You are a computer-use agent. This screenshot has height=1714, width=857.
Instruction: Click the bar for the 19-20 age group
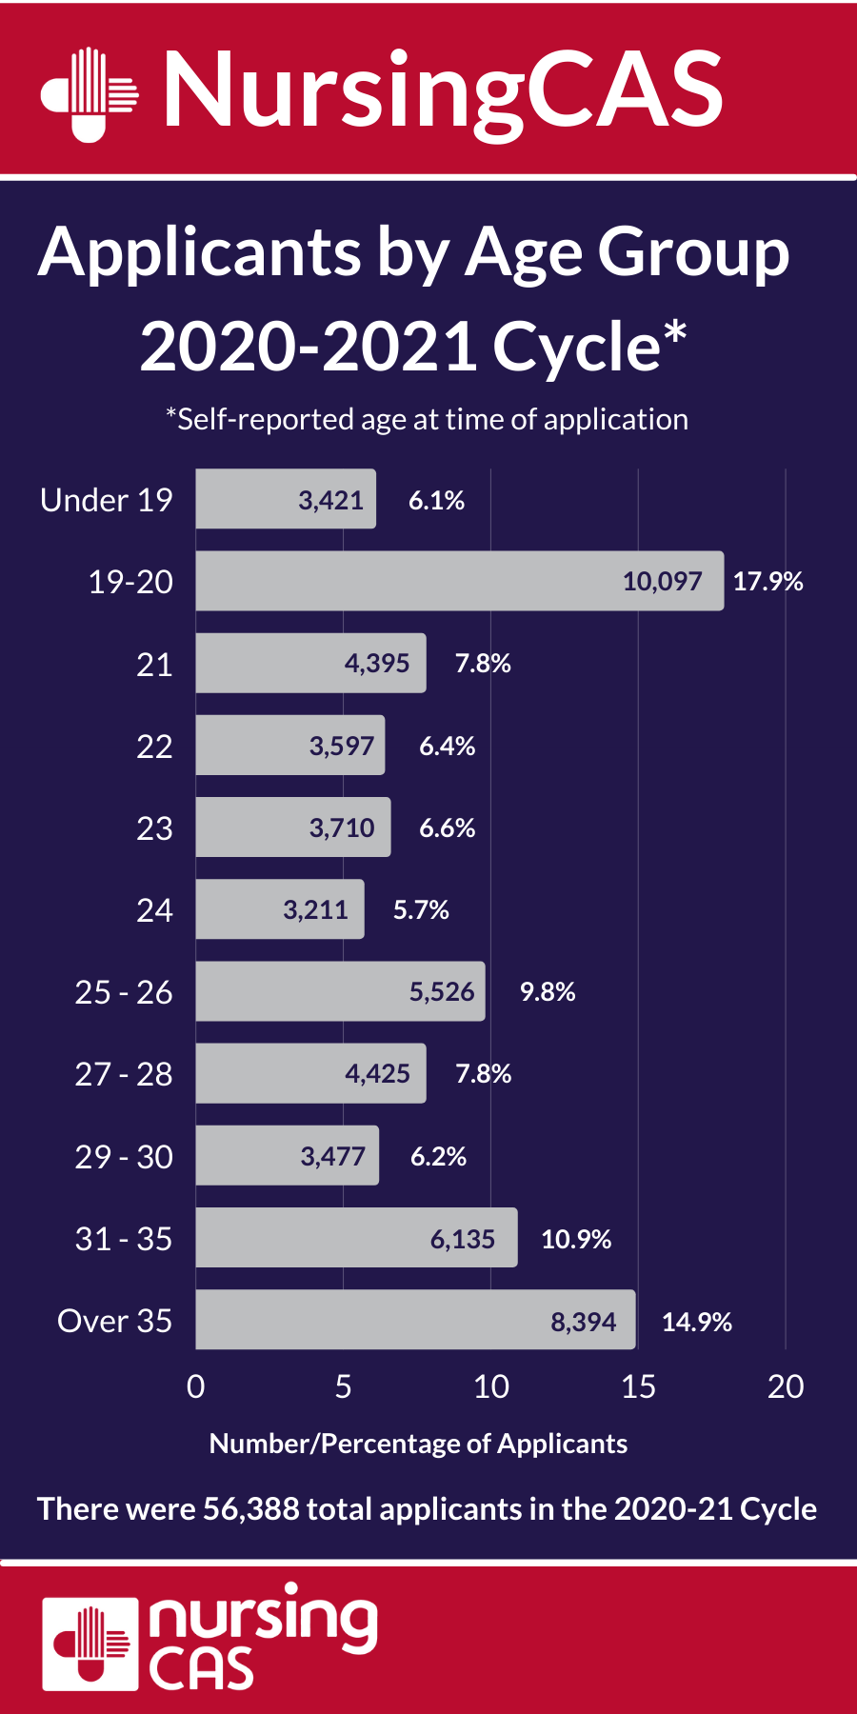pyautogui.click(x=459, y=581)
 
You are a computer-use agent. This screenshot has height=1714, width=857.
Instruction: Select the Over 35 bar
pyautogui.click(x=415, y=1320)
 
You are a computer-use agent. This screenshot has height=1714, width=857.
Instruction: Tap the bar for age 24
pyautogui.click(x=280, y=909)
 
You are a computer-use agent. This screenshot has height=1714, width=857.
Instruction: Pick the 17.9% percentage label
pyautogui.click(x=767, y=581)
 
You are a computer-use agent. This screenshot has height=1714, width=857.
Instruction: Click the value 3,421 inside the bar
pyautogui.click(x=330, y=500)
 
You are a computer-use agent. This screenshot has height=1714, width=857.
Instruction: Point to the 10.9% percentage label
pyautogui.click(x=576, y=1239)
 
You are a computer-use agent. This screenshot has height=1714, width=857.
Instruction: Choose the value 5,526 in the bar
pyautogui.click(x=442, y=991)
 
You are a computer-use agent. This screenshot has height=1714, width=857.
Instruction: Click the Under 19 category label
pyautogui.click(x=107, y=500)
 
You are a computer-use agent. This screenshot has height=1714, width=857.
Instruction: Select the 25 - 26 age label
pyautogui.click(x=124, y=992)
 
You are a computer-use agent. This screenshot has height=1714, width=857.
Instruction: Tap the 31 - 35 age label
pyautogui.click(x=124, y=1239)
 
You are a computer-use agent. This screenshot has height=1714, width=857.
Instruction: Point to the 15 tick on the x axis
pyautogui.click(x=638, y=1386)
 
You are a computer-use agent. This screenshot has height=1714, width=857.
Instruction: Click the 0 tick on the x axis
pyautogui.click(x=196, y=1386)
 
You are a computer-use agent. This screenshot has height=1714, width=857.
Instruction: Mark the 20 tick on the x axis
pyautogui.click(x=786, y=1386)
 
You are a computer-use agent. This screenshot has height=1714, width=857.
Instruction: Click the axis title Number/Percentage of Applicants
pyautogui.click(x=418, y=1444)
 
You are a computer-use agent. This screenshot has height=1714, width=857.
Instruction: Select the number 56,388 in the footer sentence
pyautogui.click(x=251, y=1509)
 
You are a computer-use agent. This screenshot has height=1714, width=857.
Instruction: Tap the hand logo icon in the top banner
pyautogui.click(x=90, y=93)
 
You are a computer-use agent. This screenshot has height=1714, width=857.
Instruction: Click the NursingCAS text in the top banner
pyautogui.click(x=444, y=91)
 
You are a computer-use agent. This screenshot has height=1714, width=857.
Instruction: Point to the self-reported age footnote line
pyautogui.click(x=427, y=419)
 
